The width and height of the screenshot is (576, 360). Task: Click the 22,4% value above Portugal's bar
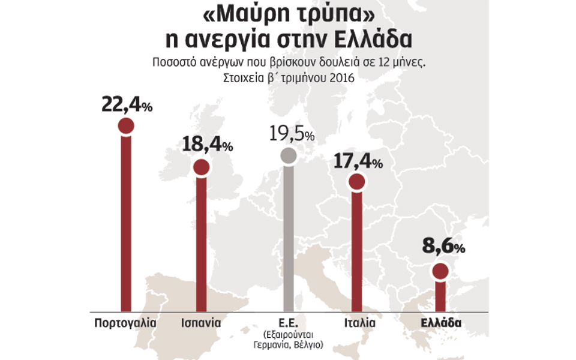[127, 106]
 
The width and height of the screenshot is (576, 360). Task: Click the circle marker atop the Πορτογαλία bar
[126, 126]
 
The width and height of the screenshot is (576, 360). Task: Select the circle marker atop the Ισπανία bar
[202, 167]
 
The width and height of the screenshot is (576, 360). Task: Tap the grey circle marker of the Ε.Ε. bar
[289, 156]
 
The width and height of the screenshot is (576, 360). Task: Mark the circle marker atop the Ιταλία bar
[356, 182]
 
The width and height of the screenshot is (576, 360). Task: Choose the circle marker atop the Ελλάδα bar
[440, 272]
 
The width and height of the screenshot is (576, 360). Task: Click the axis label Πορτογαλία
[125, 323]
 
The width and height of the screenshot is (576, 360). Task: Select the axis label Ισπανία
[201, 323]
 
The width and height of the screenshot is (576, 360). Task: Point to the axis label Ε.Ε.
[289, 323]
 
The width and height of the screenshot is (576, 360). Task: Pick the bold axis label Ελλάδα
[440, 323]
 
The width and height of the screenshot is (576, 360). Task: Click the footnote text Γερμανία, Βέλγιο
[289, 345]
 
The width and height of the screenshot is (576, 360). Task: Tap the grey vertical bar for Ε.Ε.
[289, 240]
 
